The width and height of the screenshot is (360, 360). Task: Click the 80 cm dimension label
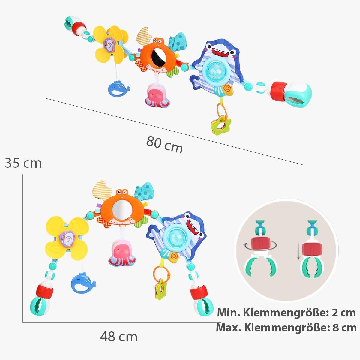(164, 144)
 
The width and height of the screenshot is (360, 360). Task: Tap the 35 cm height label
(23, 163)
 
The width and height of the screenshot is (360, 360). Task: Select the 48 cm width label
(119, 337)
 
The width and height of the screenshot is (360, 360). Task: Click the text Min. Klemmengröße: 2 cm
(286, 313)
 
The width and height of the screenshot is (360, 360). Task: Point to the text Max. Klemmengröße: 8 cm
(286, 328)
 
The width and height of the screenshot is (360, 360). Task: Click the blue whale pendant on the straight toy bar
(118, 88)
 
